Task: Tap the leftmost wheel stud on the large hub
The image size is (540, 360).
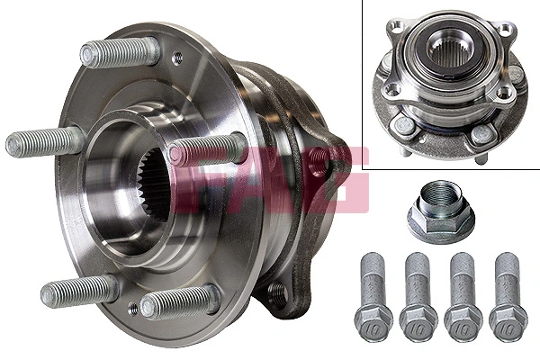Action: pos(45,142)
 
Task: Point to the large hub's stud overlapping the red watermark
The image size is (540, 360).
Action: pos(207,149)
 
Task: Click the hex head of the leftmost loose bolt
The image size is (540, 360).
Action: pos(373,319)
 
